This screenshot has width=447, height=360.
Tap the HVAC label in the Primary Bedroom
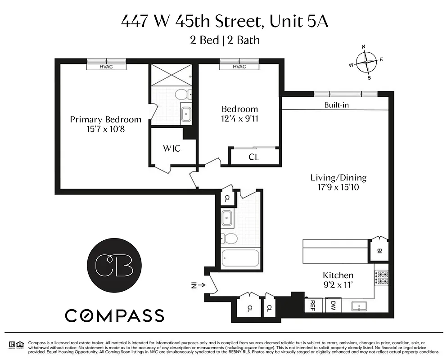point(106,67)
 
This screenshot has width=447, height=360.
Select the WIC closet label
point(172,148)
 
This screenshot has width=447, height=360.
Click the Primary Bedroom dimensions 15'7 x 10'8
point(105,130)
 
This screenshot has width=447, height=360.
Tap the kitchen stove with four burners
point(381,278)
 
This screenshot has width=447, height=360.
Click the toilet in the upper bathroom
point(183,94)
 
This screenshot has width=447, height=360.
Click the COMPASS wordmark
point(114,315)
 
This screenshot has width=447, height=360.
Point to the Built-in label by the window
point(336,105)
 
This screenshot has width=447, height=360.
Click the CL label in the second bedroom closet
point(254,157)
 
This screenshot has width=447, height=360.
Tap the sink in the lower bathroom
point(227,218)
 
